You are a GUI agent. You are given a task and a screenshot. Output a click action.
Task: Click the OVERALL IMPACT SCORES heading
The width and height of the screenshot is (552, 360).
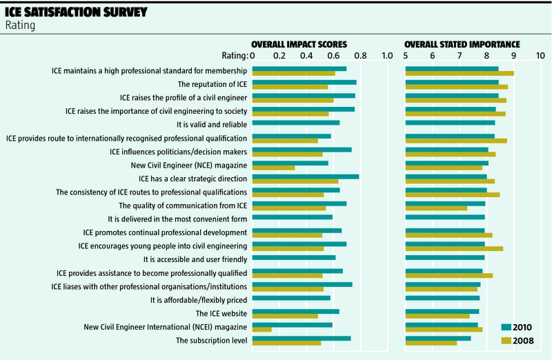[298, 43]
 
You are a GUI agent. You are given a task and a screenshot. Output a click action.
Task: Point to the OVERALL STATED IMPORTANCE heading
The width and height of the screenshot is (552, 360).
[462, 43]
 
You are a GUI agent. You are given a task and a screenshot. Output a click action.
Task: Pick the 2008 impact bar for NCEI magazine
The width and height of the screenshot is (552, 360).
[262, 330]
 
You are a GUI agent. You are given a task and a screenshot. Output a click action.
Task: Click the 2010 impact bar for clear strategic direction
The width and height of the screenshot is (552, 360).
[306, 177]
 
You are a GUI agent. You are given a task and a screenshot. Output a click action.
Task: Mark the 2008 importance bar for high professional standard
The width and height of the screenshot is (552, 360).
[460, 73]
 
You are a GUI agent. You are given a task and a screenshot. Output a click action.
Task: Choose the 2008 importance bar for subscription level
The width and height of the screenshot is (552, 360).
[431, 343]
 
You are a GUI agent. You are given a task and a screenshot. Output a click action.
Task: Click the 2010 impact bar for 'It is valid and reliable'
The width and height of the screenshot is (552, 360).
[296, 123]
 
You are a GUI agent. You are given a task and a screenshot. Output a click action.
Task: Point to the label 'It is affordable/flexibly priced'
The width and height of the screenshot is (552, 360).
[199, 299]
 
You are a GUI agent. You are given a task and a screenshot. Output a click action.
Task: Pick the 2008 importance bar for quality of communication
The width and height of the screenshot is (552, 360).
[436, 208]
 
